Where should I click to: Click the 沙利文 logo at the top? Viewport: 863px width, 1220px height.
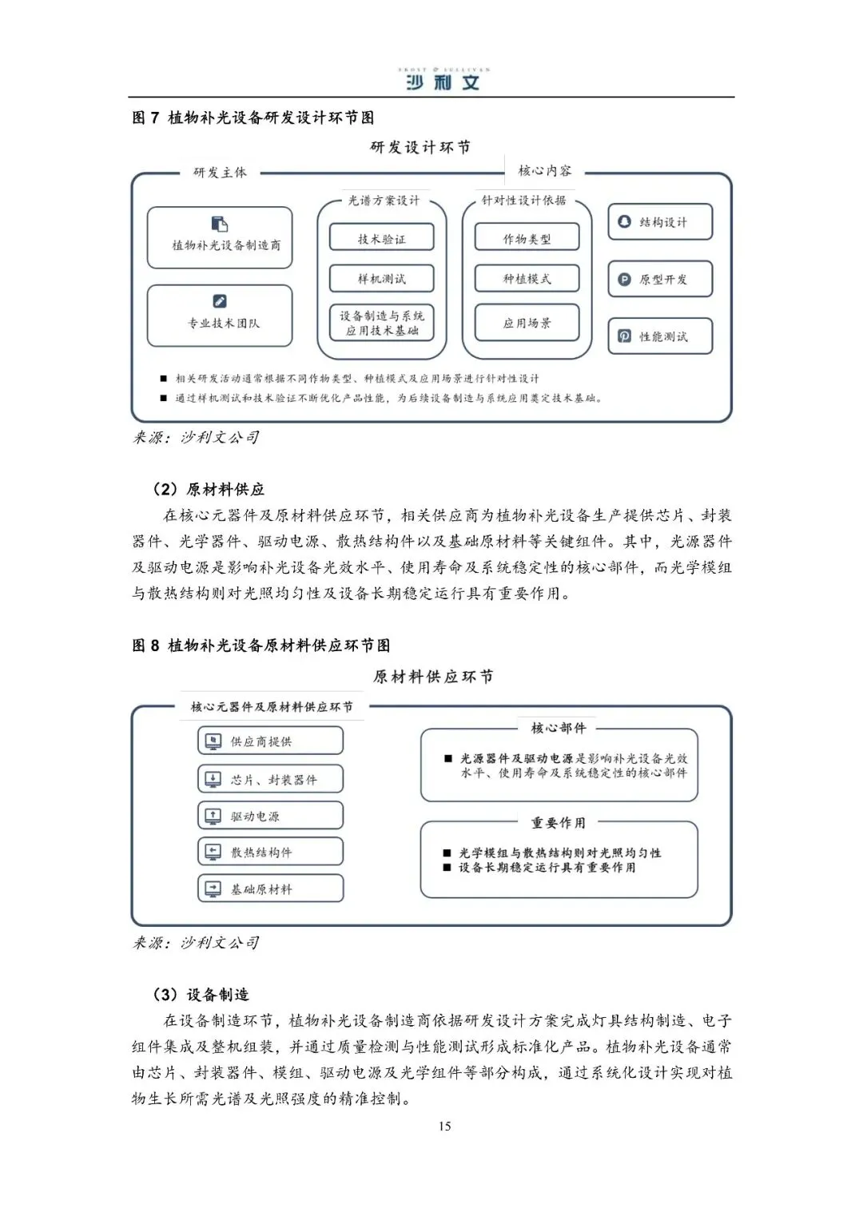pyautogui.click(x=443, y=81)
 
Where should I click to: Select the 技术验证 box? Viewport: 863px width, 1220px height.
pyautogui.click(x=381, y=238)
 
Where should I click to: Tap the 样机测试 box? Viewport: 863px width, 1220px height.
pyautogui.click(x=381, y=278)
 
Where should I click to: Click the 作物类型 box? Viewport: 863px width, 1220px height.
pyautogui.click(x=527, y=238)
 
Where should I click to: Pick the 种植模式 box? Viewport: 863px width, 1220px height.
pyautogui.click(x=527, y=278)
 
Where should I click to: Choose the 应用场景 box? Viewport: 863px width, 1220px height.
pyautogui.click(x=527, y=323)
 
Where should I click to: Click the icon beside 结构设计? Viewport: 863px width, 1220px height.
pyautogui.click(x=625, y=221)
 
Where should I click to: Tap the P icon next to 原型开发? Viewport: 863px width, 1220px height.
pyautogui.click(x=625, y=280)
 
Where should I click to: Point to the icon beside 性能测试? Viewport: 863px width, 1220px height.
pyautogui.click(x=625, y=336)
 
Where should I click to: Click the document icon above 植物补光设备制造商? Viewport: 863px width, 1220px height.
pyautogui.click(x=220, y=224)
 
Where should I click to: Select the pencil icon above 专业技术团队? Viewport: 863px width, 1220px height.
pyautogui.click(x=220, y=301)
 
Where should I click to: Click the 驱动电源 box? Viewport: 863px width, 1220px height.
pyautogui.click(x=270, y=816)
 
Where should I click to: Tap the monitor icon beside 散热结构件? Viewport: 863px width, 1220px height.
pyautogui.click(x=213, y=852)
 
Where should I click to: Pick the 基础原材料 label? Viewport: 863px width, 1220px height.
pyautogui.click(x=261, y=889)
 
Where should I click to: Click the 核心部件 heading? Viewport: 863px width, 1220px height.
pyautogui.click(x=558, y=728)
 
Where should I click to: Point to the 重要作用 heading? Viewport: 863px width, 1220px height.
pyautogui.click(x=558, y=822)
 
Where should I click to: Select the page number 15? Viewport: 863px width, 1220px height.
pyautogui.click(x=444, y=1127)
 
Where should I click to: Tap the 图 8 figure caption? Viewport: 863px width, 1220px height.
pyautogui.click(x=261, y=645)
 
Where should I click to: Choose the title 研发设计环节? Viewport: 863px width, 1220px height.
pyautogui.click(x=420, y=147)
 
